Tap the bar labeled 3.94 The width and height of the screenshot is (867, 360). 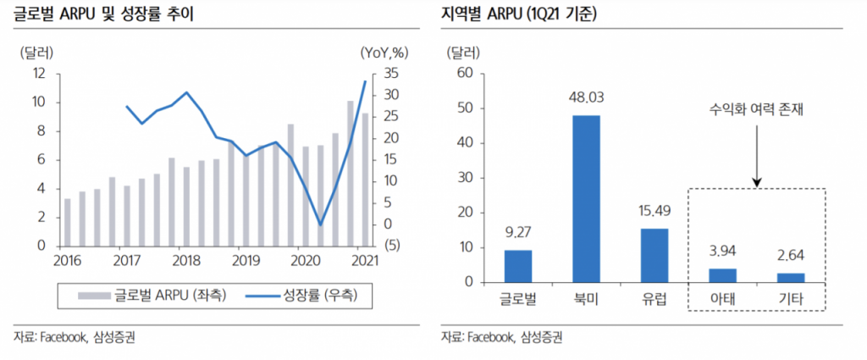coord(722,275)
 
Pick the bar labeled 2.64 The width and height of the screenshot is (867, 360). coord(791,278)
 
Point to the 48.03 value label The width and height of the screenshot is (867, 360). coord(586,99)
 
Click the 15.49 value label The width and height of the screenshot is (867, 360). coord(654,213)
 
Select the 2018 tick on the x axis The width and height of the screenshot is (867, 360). coord(184,260)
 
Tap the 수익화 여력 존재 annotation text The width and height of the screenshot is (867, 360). coord(756,111)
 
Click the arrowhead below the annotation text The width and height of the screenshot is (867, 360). coord(756,181)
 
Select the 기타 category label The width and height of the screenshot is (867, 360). coord(791,299)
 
